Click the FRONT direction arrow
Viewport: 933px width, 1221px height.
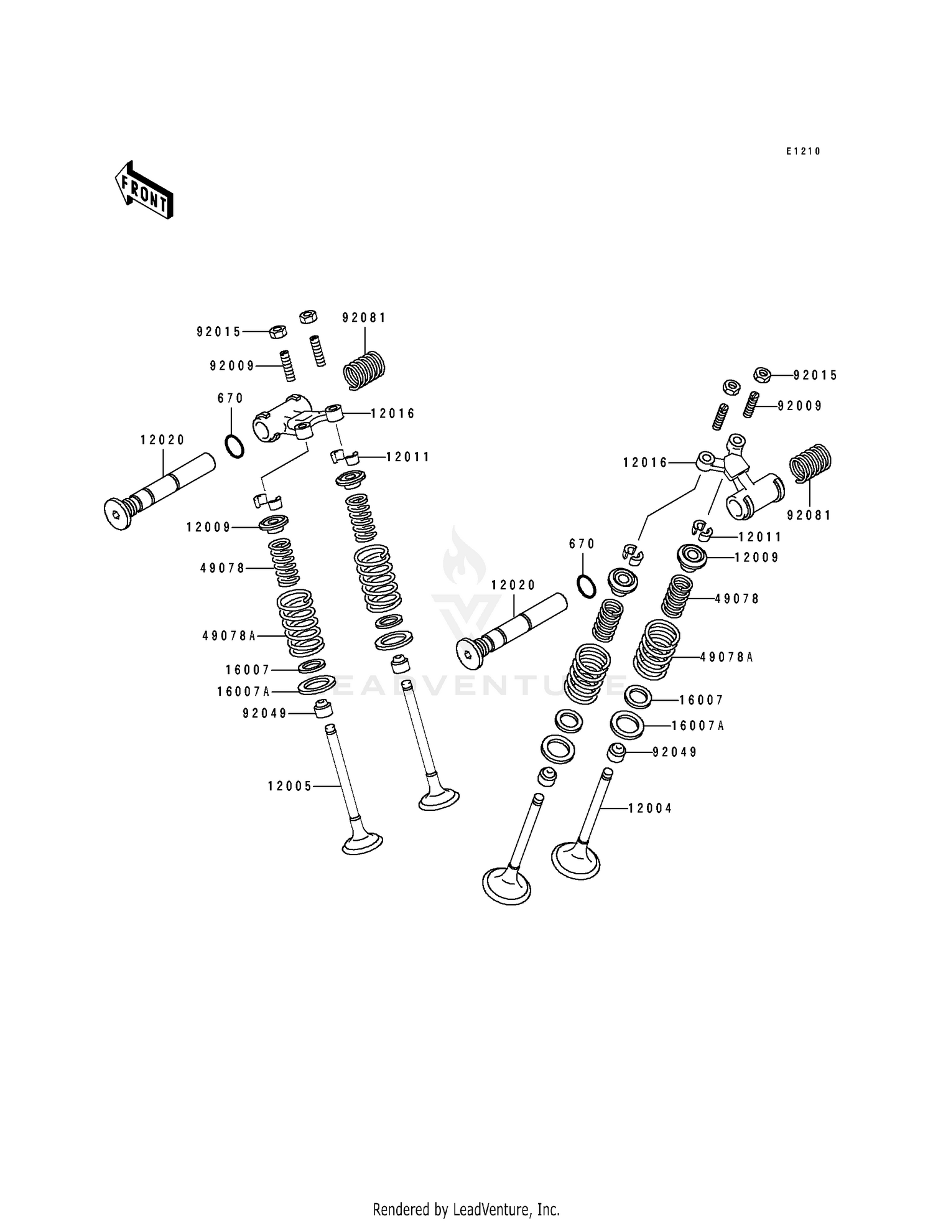(144, 190)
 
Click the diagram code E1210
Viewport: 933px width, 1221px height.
(803, 151)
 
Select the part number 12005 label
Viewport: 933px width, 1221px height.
(290, 787)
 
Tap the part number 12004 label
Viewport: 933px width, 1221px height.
(650, 808)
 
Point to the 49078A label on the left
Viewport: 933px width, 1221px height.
(229, 636)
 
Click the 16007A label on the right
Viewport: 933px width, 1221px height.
(698, 726)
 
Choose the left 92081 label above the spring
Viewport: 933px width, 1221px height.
(364, 318)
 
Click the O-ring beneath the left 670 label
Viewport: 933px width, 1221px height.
(234, 446)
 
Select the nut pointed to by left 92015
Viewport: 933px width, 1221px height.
(277, 332)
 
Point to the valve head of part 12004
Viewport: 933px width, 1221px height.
(575, 859)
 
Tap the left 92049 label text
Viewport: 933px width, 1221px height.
(265, 714)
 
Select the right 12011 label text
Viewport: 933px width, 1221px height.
(759, 537)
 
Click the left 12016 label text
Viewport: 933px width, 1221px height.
(392, 414)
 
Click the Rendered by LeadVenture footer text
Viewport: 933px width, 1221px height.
(466, 1209)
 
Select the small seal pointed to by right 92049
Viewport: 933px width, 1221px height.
(616, 752)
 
